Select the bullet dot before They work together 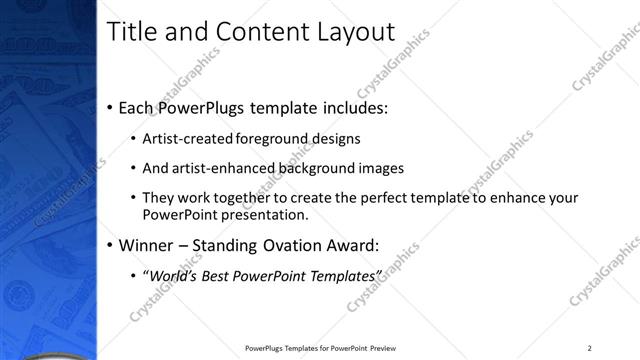(x=133, y=198)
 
